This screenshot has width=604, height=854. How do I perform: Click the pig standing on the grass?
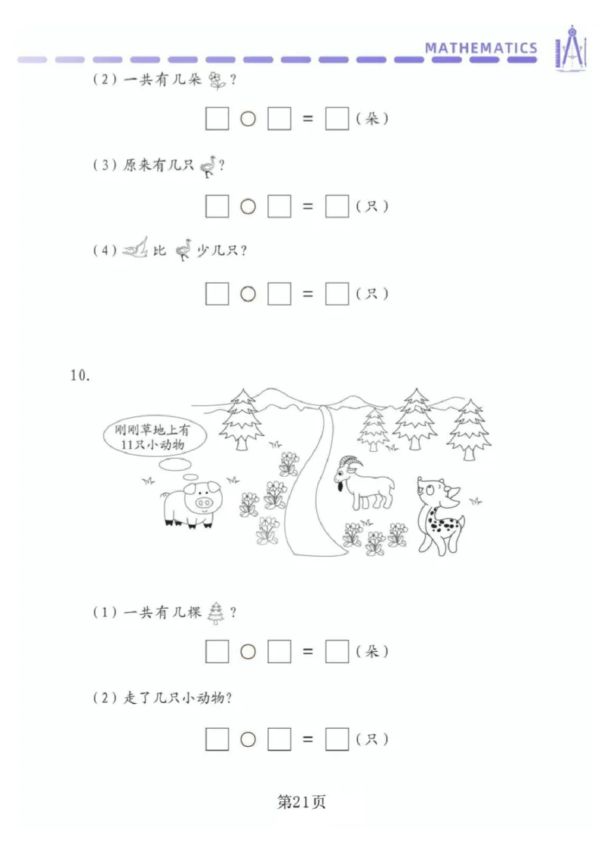190,503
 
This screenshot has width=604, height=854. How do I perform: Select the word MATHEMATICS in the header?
481,48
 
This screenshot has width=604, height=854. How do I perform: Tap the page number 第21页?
301,802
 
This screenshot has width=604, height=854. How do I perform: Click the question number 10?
80,376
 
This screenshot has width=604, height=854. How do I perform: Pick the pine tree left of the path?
241,419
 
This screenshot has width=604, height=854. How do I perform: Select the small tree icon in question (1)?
217,613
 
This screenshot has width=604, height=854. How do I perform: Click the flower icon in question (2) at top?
218,80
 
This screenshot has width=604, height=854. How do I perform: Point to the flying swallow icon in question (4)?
135,249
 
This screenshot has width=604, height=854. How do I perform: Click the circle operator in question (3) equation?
248,207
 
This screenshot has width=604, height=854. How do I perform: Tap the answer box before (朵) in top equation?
337,119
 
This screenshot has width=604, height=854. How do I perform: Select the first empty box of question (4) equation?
217,294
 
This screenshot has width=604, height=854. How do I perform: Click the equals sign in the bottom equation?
307,739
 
